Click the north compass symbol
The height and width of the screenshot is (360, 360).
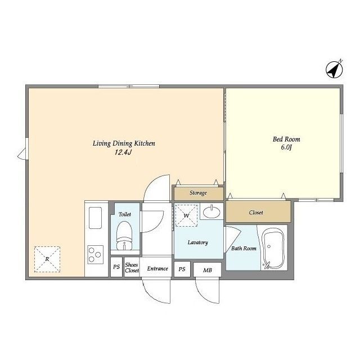pos(334,69)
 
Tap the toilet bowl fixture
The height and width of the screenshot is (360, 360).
pos(124,235)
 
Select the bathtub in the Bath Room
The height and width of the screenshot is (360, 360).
pos(273,249)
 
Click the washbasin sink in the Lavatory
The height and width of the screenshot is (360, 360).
pos(211,211)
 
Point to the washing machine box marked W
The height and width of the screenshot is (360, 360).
pos(186,215)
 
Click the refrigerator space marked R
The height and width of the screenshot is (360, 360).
pos(47,259)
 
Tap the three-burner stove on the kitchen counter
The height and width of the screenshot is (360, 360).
pos(95,254)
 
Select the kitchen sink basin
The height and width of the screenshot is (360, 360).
pos(95,218)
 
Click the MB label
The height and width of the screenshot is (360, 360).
pos(208,270)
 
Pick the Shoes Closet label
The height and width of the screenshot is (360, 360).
pos(132,268)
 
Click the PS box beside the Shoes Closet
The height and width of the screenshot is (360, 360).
pos(116,267)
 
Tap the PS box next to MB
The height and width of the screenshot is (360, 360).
pos(182,269)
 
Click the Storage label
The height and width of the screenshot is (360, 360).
pos(198,193)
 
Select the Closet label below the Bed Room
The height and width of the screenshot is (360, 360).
pos(256,213)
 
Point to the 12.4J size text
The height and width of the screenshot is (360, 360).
pos(123,152)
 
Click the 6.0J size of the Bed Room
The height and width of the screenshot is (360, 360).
pos(286,147)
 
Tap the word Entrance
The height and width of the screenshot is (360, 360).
pos(157,269)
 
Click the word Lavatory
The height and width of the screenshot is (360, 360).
pos(197,242)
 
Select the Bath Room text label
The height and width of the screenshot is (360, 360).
pos(244,249)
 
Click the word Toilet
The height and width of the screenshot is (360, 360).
pos(125,214)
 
